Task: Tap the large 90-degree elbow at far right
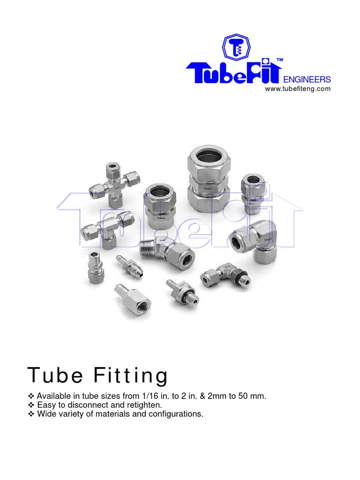pyautogui.click(x=255, y=239)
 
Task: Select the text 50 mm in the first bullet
pyautogui.click(x=254, y=396)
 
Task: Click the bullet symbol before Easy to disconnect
pyautogui.click(x=31, y=405)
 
